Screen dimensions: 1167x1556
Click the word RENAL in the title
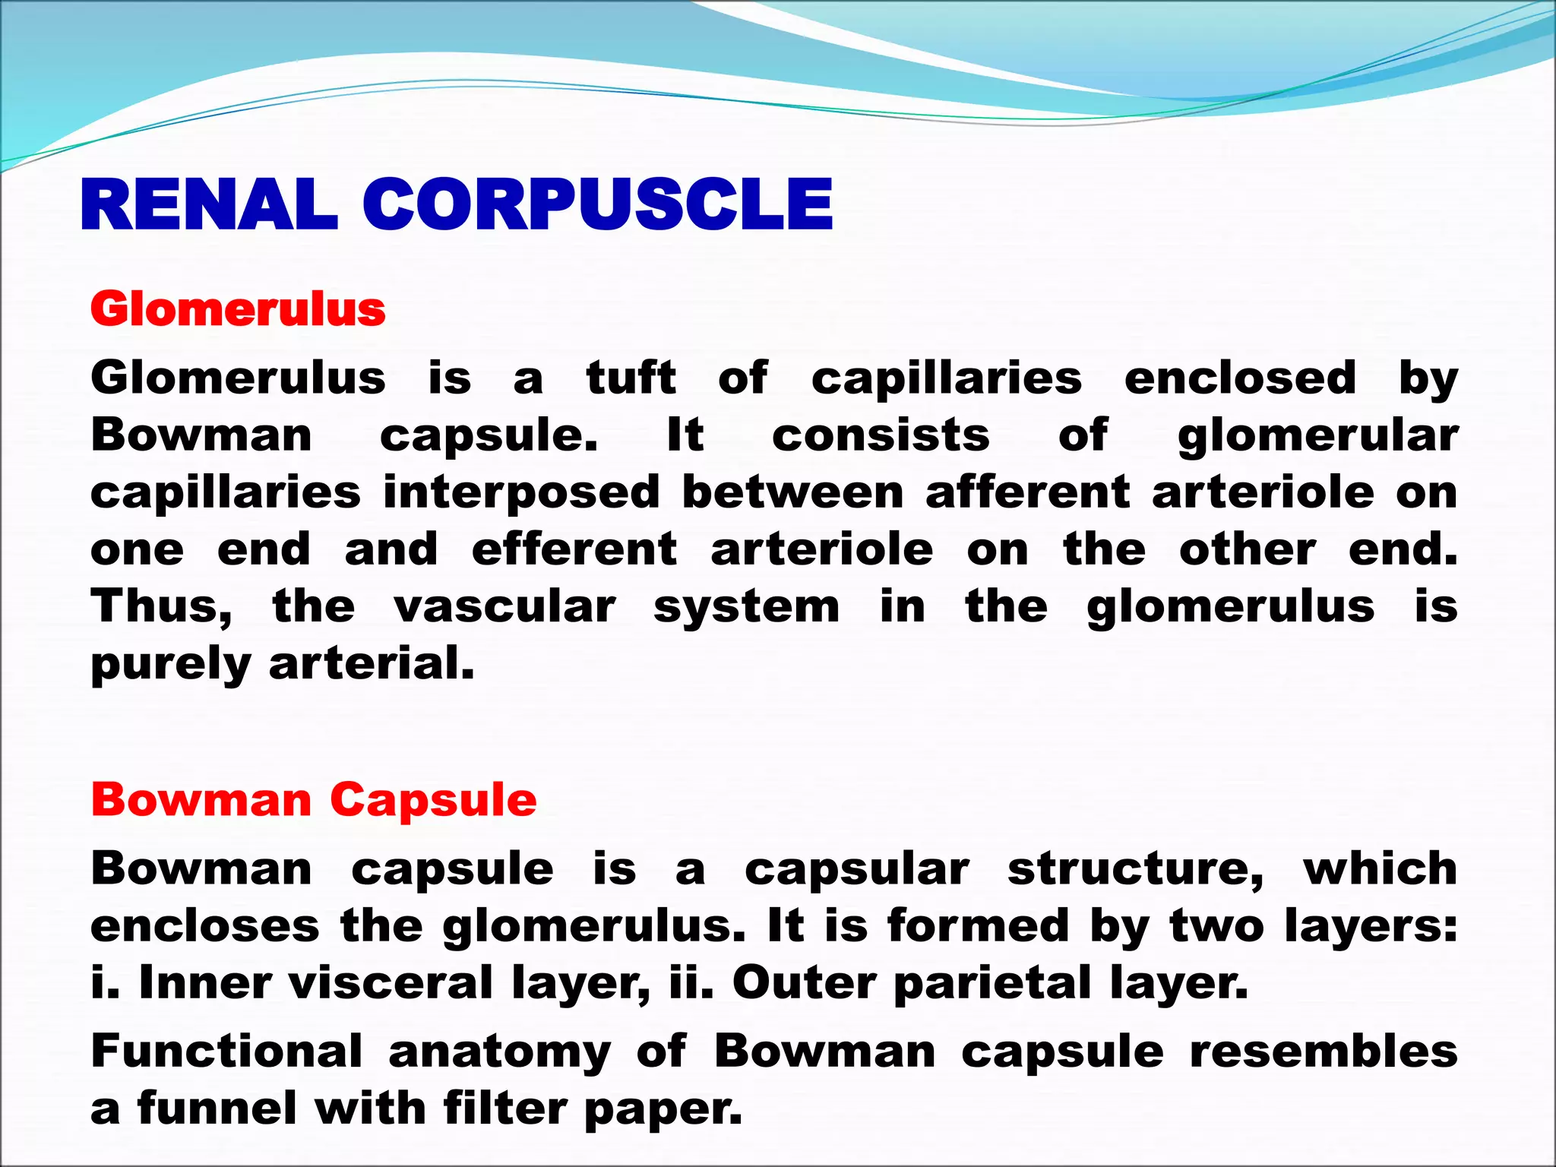click(x=209, y=205)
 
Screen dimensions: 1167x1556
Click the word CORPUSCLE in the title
click(x=597, y=205)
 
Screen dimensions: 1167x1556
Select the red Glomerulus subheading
click(x=238, y=310)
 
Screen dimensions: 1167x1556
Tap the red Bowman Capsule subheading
click(x=313, y=800)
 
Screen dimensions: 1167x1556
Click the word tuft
click(x=631, y=378)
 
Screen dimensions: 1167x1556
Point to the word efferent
click(x=574, y=549)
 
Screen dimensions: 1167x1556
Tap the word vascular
click(x=505, y=607)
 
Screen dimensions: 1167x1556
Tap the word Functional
click(x=226, y=1052)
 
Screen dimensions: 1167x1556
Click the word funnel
click(x=217, y=1108)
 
